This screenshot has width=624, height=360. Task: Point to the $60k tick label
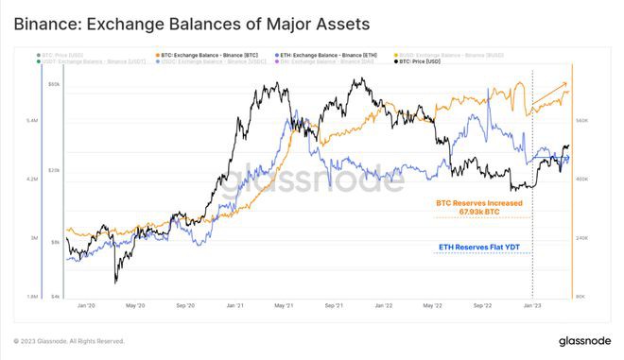55,85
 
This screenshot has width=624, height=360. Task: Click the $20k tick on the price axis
55,170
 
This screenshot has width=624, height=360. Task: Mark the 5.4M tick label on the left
31,121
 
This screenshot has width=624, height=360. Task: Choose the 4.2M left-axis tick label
31,180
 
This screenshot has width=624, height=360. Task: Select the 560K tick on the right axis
582,121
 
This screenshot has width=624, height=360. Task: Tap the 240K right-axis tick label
582,238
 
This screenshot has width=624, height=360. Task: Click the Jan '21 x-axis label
234,306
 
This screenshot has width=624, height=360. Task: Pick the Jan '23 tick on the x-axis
532,306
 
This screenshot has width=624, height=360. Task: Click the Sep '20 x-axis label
185,306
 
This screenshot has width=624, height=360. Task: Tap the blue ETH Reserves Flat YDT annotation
479,248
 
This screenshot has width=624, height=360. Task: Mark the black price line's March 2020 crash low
115,281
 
